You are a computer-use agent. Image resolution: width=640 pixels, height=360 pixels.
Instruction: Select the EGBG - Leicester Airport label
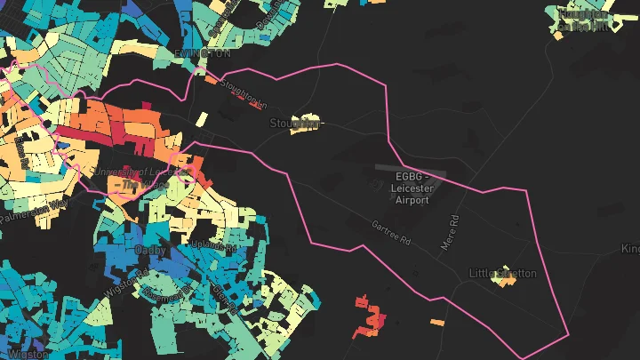click(412, 188)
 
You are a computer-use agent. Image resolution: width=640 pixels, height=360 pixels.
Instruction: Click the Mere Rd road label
click(452, 231)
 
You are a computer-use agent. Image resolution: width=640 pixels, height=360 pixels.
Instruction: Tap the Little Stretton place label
click(503, 273)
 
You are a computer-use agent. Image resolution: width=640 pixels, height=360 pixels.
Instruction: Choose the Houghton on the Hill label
click(582, 20)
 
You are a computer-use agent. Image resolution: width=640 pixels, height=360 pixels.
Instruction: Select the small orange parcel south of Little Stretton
click(437, 322)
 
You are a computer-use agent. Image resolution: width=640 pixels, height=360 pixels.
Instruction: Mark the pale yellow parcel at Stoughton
click(308, 124)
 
